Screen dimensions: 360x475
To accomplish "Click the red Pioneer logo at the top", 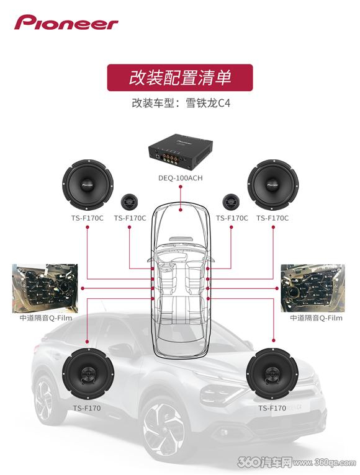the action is (x=66, y=22).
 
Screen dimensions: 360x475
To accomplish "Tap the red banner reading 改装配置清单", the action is (x=180, y=78).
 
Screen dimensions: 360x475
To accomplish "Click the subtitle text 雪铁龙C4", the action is (x=208, y=103).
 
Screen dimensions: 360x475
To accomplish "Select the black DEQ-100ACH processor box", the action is (x=181, y=153).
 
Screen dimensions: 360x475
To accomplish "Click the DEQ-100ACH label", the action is (x=181, y=178).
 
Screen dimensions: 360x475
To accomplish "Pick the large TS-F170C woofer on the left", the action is (x=88, y=185).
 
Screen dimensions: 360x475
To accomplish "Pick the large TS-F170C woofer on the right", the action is (x=272, y=185).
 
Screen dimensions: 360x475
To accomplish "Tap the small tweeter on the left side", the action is (x=130, y=202).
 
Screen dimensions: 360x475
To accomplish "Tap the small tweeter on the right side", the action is (x=232, y=202).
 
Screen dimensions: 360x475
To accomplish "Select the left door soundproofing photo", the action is (x=45, y=288).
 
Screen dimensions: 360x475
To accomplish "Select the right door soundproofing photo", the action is (x=313, y=288).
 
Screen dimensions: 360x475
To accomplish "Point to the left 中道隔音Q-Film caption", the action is (x=46, y=318).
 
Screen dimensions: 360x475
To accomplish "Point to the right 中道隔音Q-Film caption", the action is (x=317, y=318).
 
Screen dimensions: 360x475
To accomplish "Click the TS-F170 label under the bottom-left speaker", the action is (x=87, y=408).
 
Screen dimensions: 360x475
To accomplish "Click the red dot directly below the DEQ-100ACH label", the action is (x=181, y=187).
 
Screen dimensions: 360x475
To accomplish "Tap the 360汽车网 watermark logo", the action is (x=265, y=462).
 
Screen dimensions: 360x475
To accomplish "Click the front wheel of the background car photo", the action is (x=164, y=430).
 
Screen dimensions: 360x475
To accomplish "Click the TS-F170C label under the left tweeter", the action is (x=130, y=218).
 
